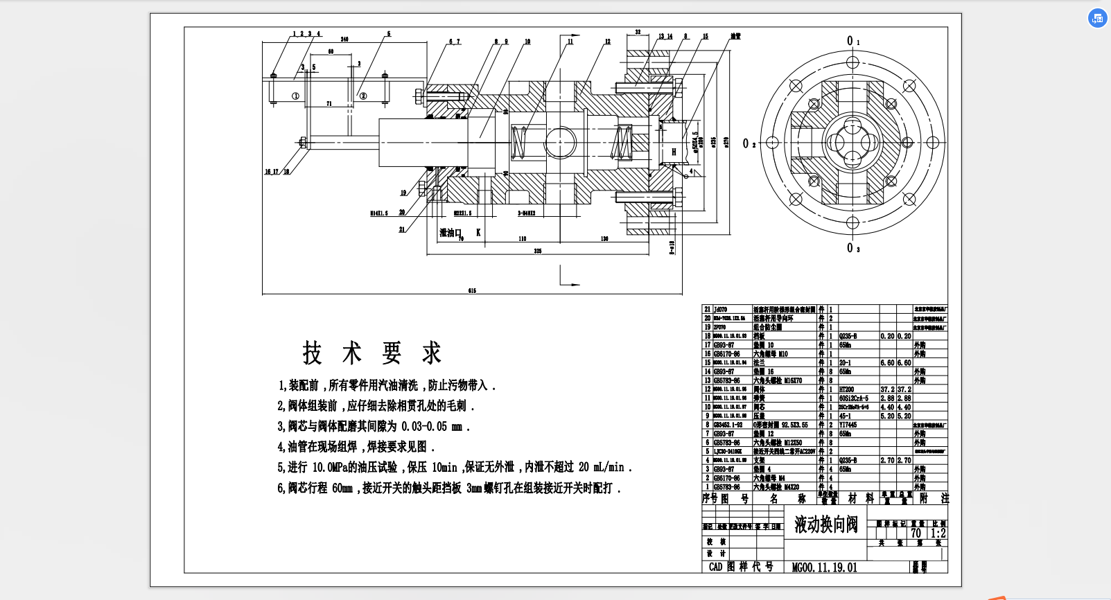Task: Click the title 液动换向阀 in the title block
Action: pos(825,524)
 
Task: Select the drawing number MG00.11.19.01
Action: pos(824,567)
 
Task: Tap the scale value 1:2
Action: pos(938,533)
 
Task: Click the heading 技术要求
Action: pos(371,353)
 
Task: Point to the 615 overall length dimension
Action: pos(472,291)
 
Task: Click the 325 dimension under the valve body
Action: pos(537,251)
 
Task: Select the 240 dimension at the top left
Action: pos(344,39)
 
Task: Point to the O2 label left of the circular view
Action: pos(749,143)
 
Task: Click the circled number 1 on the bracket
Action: pos(295,96)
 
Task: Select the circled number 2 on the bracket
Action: pos(363,96)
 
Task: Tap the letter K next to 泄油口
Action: pos(478,233)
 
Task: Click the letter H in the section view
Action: pos(673,152)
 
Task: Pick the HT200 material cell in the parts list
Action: pos(846,389)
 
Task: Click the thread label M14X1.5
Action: pos(379,213)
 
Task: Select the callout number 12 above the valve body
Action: pos(607,42)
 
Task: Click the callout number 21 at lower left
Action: pos(402,229)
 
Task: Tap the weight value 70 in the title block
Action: pos(916,533)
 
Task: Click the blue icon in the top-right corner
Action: pos(1096,19)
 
